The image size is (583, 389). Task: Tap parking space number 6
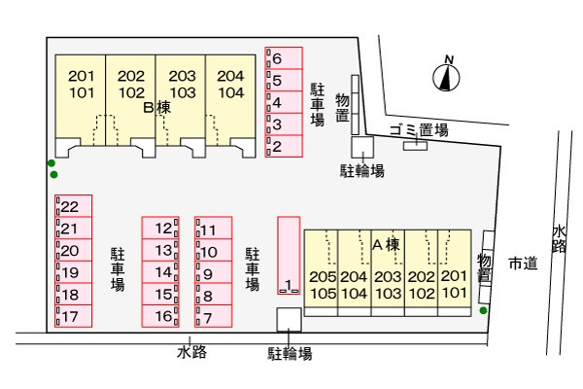pyautogui.click(x=284, y=58)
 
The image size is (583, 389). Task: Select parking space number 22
pyautogui.click(x=73, y=206)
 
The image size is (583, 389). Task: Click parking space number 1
pyautogui.click(x=289, y=256)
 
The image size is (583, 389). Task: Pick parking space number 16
pyautogui.click(x=160, y=316)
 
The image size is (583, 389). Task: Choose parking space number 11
pyautogui.click(x=214, y=228)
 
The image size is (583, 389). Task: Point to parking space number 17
pyautogui.click(x=73, y=316)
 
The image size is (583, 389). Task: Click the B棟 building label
pyautogui.click(x=156, y=108)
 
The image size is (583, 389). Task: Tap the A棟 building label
pyautogui.click(x=387, y=245)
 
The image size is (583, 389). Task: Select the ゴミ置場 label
pyautogui.click(x=419, y=130)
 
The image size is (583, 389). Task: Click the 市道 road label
pyautogui.click(x=523, y=264)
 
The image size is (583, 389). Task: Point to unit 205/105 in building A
pyautogui.click(x=322, y=273)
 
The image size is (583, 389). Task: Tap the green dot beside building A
pyautogui.click(x=483, y=310)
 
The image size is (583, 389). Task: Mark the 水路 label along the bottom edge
pyautogui.click(x=191, y=352)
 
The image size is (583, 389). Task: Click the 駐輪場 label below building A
pyautogui.click(x=290, y=354)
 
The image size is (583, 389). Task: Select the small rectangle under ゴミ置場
pyautogui.click(x=415, y=146)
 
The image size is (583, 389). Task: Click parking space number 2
pyautogui.click(x=284, y=146)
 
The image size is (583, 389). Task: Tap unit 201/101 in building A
pyautogui.click(x=455, y=273)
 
